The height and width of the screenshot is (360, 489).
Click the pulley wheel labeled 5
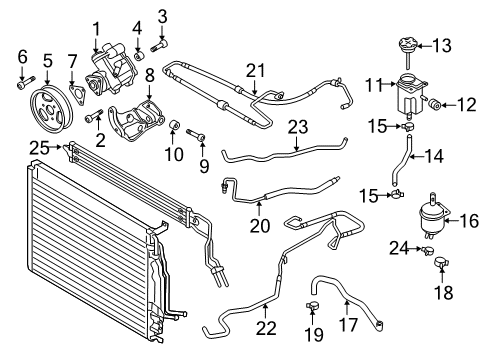tap(51, 110)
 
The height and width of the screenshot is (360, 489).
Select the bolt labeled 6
tap(26, 82)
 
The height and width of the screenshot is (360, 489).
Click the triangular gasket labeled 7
tap(77, 95)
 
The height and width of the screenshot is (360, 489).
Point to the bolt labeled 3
tap(159, 45)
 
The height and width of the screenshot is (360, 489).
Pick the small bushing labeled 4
tap(139, 55)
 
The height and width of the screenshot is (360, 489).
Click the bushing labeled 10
tap(174, 125)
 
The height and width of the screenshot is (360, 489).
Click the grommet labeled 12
tap(435, 104)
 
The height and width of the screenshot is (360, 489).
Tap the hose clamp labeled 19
tap(312, 306)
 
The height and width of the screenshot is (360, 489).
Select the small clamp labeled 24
tap(428, 250)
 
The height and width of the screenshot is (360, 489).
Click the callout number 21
tap(256, 71)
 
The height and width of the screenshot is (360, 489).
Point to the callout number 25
tap(39, 148)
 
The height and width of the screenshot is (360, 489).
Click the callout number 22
tap(266, 328)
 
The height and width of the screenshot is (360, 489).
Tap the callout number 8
tap(150, 76)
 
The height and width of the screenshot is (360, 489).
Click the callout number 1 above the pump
tap(96, 29)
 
